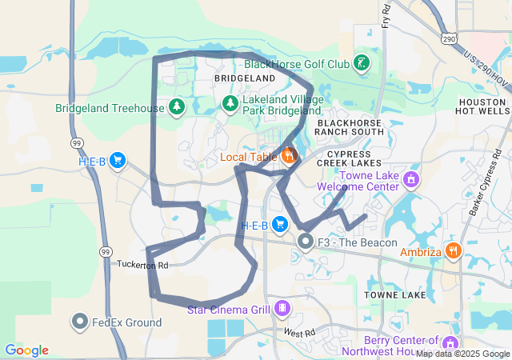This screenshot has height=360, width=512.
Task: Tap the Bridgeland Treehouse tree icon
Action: tap(176, 106)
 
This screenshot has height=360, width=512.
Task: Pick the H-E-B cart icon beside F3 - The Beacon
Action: tap(279, 223)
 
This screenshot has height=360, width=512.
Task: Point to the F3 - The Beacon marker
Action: tap(305, 240)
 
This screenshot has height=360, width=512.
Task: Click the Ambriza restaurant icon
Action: tap(454, 250)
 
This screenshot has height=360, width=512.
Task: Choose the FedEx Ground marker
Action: tap(80, 322)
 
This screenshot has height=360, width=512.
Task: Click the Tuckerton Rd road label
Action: tap(142, 264)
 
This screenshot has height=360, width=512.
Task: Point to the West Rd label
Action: tap(299, 331)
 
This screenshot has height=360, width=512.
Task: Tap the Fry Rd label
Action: tap(386, 14)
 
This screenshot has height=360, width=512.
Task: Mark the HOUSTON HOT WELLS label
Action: tap(483, 107)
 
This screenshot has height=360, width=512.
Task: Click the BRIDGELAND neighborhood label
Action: tap(244, 78)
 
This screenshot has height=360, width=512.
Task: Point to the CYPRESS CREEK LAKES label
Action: tap(349, 158)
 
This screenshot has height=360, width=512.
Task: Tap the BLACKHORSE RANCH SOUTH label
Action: tap(350, 127)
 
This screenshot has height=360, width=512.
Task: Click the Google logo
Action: tap(27, 350)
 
